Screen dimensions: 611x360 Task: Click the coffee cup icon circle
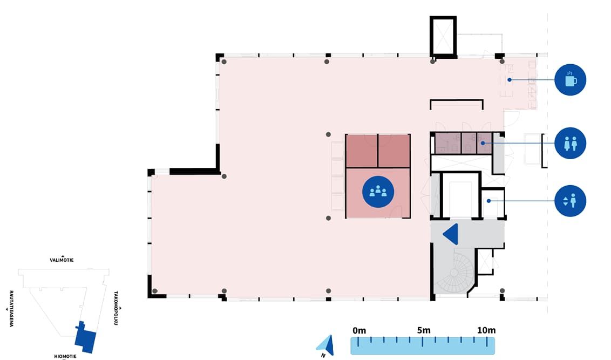click(x=570, y=80)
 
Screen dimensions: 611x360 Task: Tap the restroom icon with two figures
click(x=570, y=143)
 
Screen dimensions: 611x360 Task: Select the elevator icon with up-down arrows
click(x=570, y=201)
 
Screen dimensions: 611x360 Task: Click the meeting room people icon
click(x=378, y=192)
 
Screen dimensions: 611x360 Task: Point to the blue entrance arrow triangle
click(x=451, y=234)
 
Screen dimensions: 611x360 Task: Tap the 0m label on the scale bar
click(x=359, y=331)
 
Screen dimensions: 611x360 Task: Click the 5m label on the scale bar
click(x=424, y=330)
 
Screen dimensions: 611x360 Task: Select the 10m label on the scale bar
click(x=486, y=330)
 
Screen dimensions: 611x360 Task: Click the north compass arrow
click(x=327, y=345)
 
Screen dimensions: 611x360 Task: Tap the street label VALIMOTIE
click(x=62, y=260)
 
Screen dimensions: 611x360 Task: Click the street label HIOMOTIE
click(x=65, y=356)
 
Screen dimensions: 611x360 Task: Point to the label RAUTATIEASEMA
click(x=11, y=309)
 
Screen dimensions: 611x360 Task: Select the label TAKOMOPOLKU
click(x=116, y=308)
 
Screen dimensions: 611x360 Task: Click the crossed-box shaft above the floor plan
click(x=443, y=36)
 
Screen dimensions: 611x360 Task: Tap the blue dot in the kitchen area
click(x=510, y=80)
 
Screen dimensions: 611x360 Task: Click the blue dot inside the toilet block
click(x=483, y=143)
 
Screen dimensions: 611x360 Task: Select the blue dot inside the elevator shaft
click(x=488, y=201)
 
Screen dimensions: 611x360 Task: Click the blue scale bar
click(x=423, y=345)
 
